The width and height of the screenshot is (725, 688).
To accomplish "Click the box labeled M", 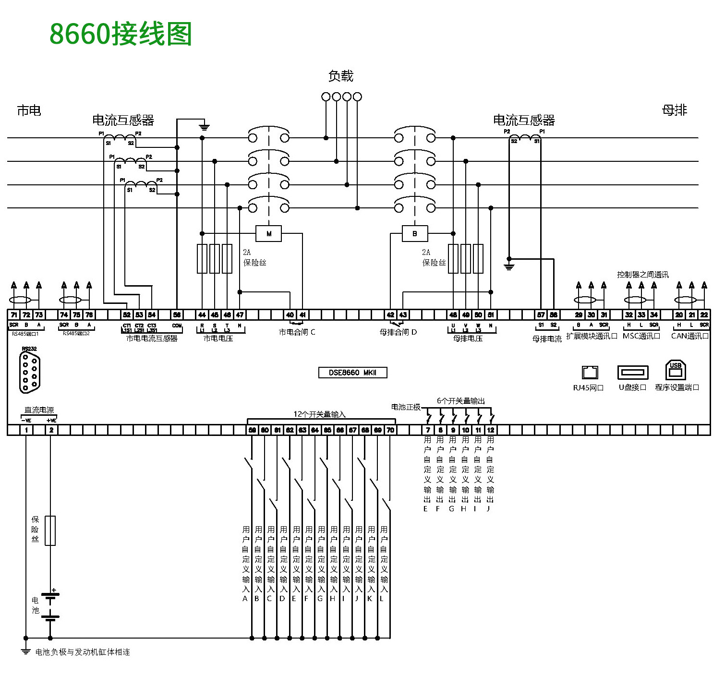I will click(x=268, y=234).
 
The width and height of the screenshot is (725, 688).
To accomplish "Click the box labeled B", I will click(x=414, y=234).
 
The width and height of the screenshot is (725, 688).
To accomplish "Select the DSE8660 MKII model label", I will click(x=352, y=373).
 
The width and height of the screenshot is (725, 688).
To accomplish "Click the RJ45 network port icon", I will click(x=590, y=373).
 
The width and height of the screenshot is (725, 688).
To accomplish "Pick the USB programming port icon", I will click(x=676, y=371).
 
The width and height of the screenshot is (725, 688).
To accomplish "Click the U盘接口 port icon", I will click(x=633, y=372).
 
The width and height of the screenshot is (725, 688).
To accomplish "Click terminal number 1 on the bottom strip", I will click(x=26, y=430).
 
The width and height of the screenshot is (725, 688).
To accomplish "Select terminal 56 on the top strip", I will click(x=177, y=315).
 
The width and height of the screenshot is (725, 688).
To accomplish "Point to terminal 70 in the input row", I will click(x=390, y=430).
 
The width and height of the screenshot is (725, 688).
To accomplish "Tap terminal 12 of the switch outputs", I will click(x=490, y=430).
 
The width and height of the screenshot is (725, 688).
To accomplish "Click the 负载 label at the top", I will click(x=340, y=76).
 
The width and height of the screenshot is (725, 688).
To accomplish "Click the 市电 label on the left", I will click(x=29, y=111).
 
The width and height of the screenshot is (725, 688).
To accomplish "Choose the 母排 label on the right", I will click(x=674, y=110).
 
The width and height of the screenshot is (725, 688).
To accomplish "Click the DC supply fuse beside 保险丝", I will click(x=50, y=531).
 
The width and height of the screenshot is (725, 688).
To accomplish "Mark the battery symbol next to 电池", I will click(x=50, y=606).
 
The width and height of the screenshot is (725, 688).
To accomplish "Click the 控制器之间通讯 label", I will click(x=642, y=275).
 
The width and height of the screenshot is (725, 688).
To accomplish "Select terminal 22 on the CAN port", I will click(x=704, y=315).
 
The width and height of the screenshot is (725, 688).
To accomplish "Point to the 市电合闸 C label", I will click(x=297, y=332).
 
